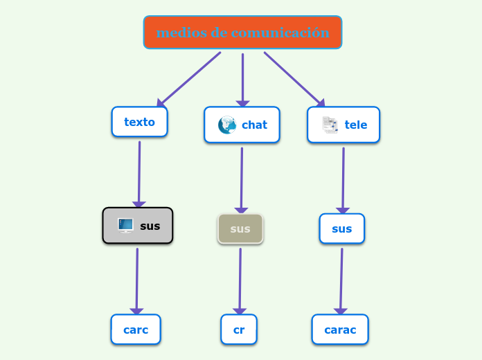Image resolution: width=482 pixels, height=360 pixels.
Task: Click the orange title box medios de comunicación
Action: [x=242, y=33]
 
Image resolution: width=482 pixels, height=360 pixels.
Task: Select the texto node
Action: [x=139, y=122]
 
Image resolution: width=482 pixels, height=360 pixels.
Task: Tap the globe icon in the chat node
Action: [x=226, y=125]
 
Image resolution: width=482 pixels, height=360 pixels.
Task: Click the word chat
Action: [x=254, y=125]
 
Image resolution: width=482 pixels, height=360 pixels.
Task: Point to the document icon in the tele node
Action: [x=330, y=125]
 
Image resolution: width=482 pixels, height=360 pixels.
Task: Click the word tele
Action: [x=356, y=125]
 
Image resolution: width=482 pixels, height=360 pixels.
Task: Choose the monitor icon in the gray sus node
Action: [x=125, y=225]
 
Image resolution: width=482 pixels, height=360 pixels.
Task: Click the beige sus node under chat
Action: [x=240, y=228]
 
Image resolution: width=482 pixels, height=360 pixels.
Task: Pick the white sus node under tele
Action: [x=341, y=228]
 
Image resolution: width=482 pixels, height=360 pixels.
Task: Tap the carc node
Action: [x=136, y=330]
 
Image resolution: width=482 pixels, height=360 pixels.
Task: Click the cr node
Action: [x=239, y=330]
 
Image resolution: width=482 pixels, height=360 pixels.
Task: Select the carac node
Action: [x=340, y=330]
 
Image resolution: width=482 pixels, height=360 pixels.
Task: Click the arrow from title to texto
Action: [x=188, y=80]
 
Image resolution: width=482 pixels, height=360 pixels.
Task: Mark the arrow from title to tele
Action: [x=294, y=79]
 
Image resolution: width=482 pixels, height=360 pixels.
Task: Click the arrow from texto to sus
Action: [x=139, y=173]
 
